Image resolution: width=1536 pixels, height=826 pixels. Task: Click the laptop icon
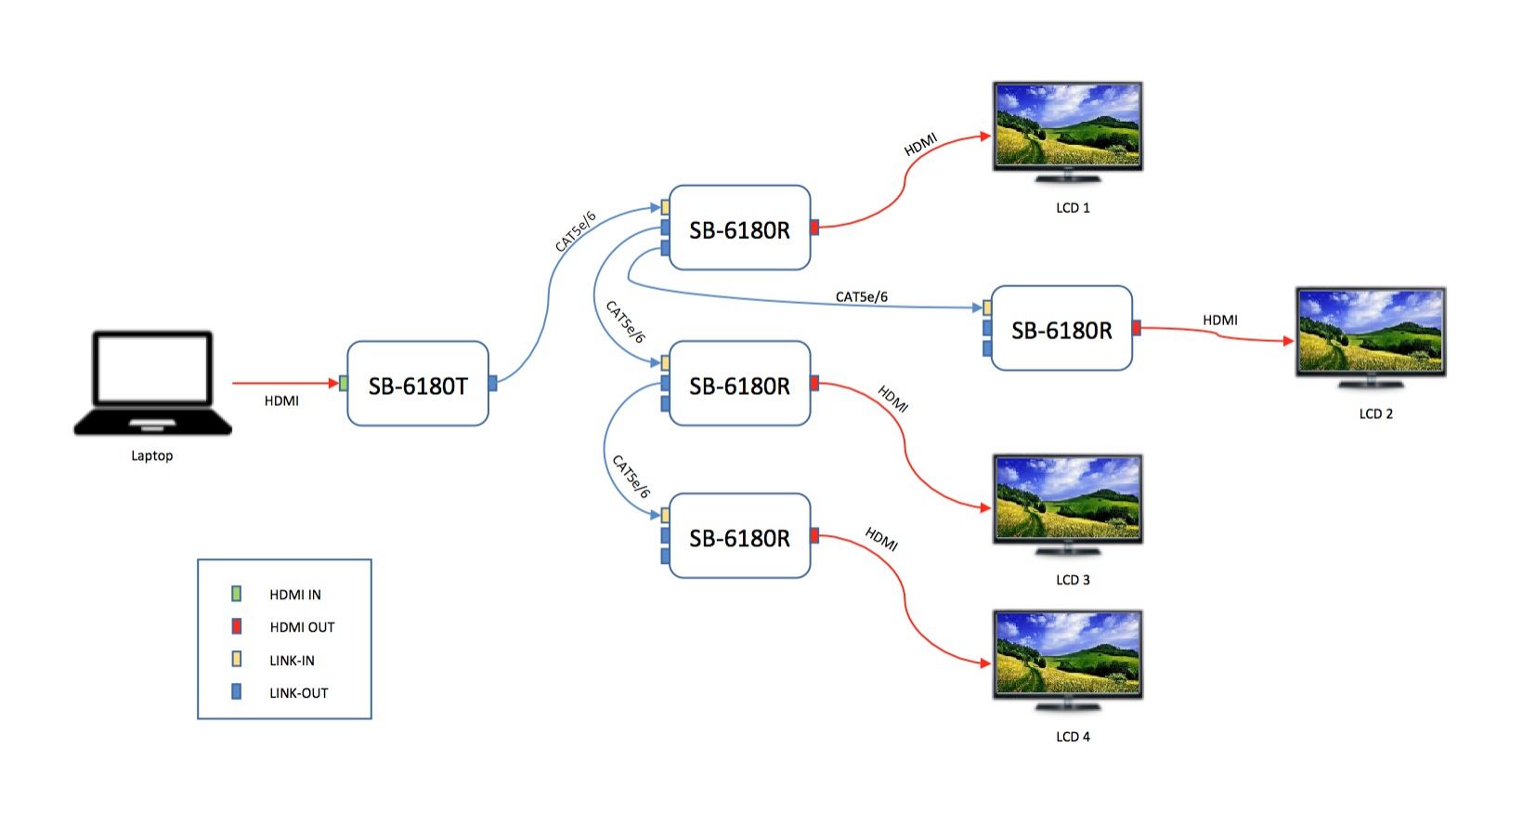point(152,383)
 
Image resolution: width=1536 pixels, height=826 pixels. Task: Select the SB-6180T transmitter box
point(417,384)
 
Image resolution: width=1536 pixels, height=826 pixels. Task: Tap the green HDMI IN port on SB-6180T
point(344,383)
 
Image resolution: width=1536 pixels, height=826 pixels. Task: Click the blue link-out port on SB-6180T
point(492,383)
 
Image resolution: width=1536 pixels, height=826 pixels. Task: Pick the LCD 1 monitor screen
point(1067,125)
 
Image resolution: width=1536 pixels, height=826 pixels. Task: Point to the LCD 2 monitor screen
point(1370,332)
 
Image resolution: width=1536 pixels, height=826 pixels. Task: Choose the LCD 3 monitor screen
point(1067,498)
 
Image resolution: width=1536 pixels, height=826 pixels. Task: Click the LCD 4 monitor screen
point(1067,654)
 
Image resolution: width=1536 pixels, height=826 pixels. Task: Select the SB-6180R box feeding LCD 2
point(1061,329)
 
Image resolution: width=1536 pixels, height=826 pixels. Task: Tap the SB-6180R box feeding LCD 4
point(739,537)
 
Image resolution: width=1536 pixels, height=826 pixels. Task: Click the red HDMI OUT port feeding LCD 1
point(814,227)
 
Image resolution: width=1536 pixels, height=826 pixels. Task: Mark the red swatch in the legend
point(237,626)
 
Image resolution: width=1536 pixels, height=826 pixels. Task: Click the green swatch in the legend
point(237,594)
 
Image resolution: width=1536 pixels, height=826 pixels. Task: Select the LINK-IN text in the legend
point(292,661)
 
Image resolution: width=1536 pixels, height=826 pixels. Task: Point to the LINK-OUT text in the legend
point(298,693)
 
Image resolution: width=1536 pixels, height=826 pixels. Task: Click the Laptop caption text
point(151,455)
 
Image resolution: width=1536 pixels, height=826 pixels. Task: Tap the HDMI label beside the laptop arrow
point(281,400)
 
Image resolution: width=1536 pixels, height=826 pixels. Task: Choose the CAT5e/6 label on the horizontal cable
point(861,296)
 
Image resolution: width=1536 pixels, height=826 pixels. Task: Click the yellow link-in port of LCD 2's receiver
point(987,308)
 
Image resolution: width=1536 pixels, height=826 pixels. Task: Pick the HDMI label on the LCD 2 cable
point(1219,320)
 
